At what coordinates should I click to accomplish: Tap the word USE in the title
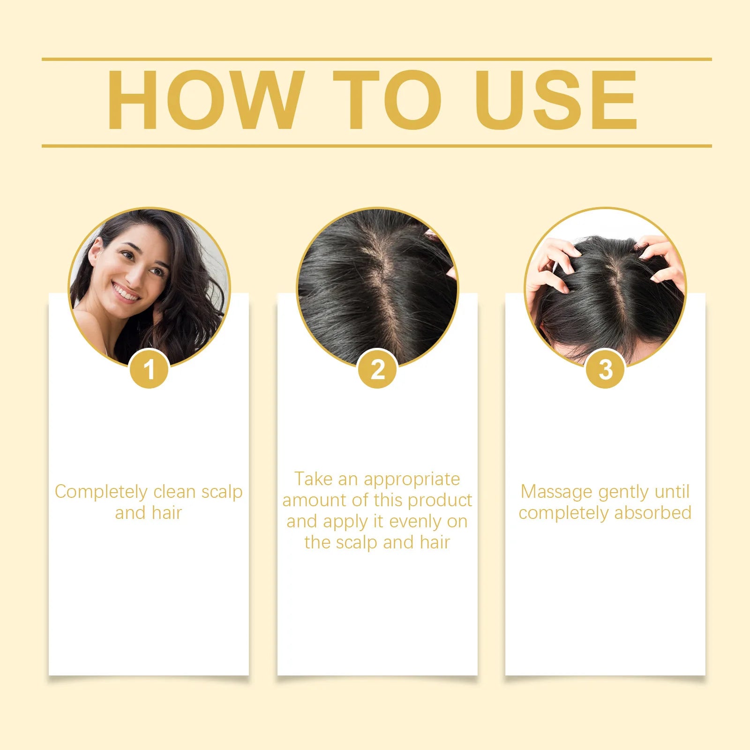[x=556, y=100]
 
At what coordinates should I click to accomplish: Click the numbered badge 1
[x=149, y=369]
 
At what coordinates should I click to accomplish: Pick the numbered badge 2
[x=377, y=369]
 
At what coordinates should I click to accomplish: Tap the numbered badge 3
[x=605, y=369]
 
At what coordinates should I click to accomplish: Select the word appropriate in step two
[x=412, y=480]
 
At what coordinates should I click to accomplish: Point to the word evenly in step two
[x=415, y=521]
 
